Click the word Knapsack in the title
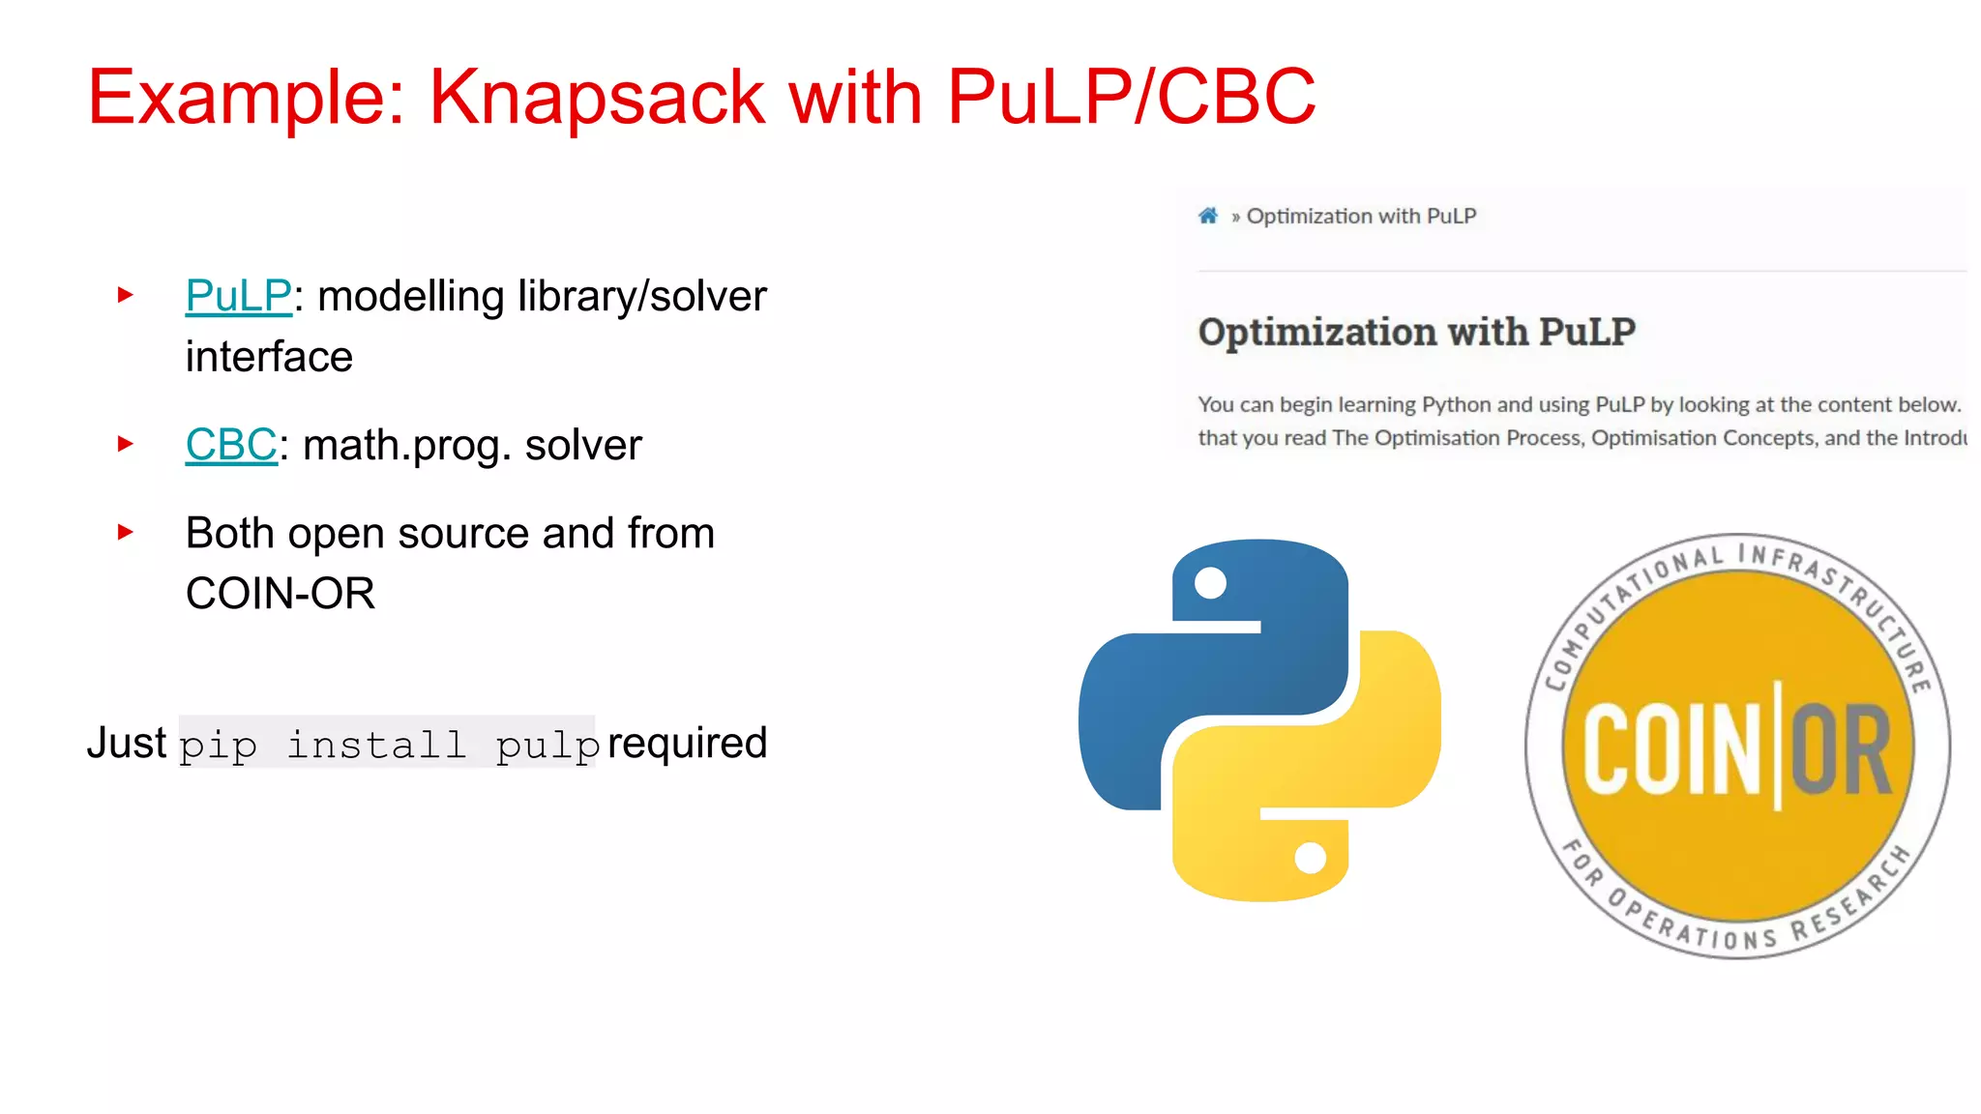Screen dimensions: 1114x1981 (598, 99)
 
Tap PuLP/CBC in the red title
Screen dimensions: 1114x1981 (1131, 99)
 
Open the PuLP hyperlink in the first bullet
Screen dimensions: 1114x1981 (238, 296)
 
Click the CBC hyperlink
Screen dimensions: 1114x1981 (231, 446)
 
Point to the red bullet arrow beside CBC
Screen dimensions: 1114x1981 (126, 444)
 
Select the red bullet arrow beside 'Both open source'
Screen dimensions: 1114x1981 (126, 532)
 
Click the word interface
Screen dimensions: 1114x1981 (269, 357)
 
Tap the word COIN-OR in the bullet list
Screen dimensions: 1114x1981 (280, 594)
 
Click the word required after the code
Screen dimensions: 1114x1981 (687, 744)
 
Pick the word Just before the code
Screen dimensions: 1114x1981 (127, 744)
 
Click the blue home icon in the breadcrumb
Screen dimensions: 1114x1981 (1208, 216)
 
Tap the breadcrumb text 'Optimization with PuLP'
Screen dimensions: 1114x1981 (1361, 217)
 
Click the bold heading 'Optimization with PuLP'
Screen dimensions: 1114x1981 (1416, 333)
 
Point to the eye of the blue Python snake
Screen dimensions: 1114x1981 (1211, 583)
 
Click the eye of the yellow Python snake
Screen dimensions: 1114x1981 (1311, 858)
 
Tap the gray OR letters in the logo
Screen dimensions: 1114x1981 (1841, 750)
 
